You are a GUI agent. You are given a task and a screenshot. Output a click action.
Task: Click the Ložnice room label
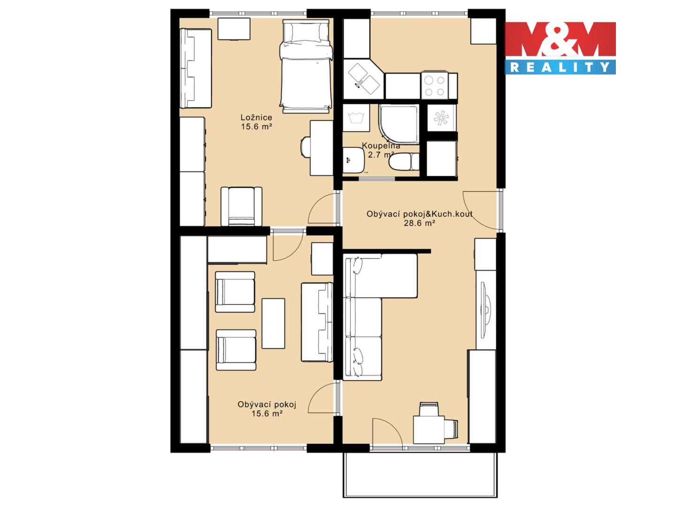256,117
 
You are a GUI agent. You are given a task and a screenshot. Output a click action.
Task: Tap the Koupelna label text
381,146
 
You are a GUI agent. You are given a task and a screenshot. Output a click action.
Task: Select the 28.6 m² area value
419,223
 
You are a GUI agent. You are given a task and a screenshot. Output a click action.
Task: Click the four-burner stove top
435,86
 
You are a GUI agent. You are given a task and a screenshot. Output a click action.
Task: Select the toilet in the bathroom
404,161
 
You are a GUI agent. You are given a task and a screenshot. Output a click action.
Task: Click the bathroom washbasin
353,160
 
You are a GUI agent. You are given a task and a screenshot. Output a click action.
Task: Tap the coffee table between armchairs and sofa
273,323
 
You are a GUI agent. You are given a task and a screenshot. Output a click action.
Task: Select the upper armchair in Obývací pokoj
235,292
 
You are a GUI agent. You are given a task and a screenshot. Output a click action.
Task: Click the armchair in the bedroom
241,206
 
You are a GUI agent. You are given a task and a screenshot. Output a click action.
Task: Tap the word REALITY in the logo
560,68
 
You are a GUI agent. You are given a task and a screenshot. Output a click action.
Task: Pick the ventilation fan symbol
441,117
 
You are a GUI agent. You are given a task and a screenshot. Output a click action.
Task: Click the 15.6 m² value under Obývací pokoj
267,413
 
